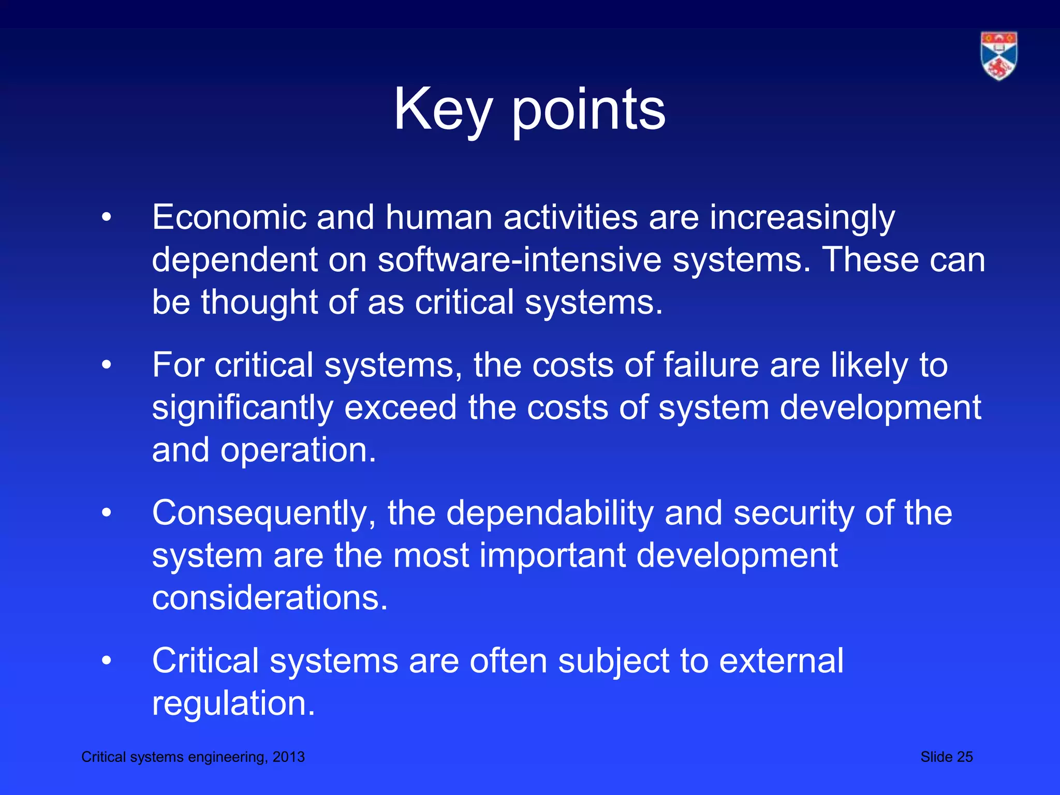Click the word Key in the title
(x=442, y=110)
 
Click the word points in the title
(x=588, y=110)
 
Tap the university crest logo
(x=998, y=56)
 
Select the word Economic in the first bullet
(x=229, y=217)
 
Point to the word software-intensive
(x=519, y=260)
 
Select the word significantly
(x=242, y=408)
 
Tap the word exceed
(x=400, y=408)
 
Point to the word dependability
(x=550, y=513)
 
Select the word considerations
(x=270, y=598)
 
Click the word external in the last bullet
(x=781, y=661)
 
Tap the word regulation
(x=233, y=703)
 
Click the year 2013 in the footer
(x=289, y=757)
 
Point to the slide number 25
(x=964, y=757)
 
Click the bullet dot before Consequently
(x=107, y=513)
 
